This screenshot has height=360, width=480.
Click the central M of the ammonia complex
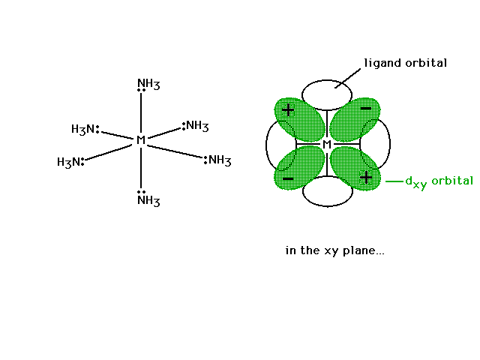point(141,139)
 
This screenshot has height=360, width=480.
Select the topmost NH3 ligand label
point(148,84)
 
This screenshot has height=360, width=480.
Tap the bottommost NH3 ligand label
point(148,201)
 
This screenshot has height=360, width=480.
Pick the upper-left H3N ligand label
point(83,129)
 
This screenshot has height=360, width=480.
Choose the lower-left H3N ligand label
point(69,162)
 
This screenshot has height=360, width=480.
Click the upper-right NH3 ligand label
point(197,126)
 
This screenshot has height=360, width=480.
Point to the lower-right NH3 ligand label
point(220,160)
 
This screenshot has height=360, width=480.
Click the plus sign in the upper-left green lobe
point(288,110)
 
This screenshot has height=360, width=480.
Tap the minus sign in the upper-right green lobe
point(366,108)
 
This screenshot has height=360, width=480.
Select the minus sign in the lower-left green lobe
point(288,178)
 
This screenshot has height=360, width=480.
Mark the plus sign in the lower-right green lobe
point(366,178)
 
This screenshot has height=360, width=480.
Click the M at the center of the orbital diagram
point(327,144)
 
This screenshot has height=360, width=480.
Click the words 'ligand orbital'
point(405,63)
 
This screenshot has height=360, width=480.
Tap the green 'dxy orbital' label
point(439,181)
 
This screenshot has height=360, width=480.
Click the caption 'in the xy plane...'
point(334,250)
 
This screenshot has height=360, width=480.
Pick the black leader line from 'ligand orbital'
point(348,78)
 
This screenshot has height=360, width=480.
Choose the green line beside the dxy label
point(394,181)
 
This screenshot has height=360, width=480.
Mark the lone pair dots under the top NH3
point(141,90)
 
